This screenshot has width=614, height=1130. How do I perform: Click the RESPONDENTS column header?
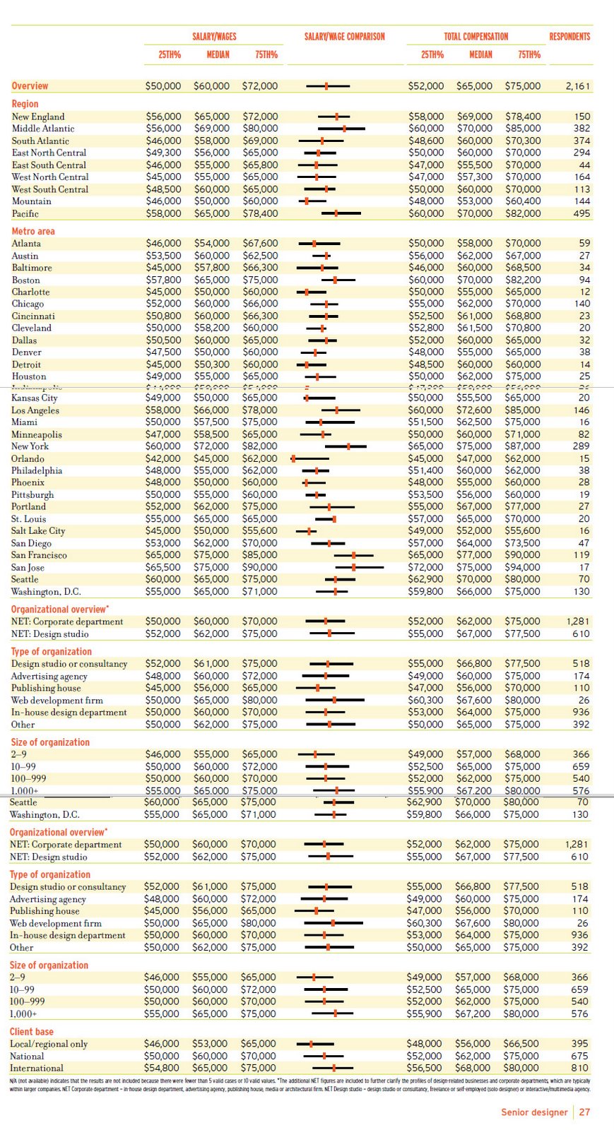[x=569, y=37]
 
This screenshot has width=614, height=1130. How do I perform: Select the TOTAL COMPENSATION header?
[x=476, y=37]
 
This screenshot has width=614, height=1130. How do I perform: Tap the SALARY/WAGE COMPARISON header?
[x=345, y=37]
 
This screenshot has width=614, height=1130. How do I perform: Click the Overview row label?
[x=30, y=86]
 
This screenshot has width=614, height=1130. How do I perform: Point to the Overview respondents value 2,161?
[x=578, y=86]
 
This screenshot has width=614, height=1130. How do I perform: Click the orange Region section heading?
[x=25, y=104]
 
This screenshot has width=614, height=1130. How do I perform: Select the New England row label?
[x=38, y=117]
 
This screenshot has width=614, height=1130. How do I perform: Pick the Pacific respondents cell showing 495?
[x=581, y=213]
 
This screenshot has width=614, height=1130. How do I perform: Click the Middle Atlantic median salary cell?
[x=211, y=129]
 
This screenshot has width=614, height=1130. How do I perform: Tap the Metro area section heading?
[x=33, y=231]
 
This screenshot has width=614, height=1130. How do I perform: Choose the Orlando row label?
[x=28, y=458]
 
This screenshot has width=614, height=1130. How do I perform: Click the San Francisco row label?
[x=39, y=555]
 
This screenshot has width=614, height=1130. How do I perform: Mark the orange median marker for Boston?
[x=335, y=280]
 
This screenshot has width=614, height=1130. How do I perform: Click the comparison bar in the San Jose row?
[x=360, y=567]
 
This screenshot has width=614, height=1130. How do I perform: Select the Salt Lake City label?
[x=38, y=531]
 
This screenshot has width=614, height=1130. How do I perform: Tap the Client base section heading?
[x=32, y=1031]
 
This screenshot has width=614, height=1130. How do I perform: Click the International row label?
[x=37, y=1068]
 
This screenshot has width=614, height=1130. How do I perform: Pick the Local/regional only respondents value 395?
[x=579, y=1044]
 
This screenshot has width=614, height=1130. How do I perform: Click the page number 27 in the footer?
[x=584, y=1112]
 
